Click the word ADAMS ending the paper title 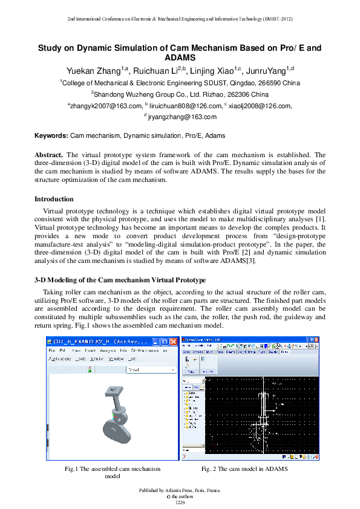tap(180, 57)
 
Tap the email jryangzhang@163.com tap(182, 117)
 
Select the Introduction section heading tap(54, 199)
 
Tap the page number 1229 tap(180, 502)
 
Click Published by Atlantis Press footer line tap(180, 490)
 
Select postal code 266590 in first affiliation tap(271, 83)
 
